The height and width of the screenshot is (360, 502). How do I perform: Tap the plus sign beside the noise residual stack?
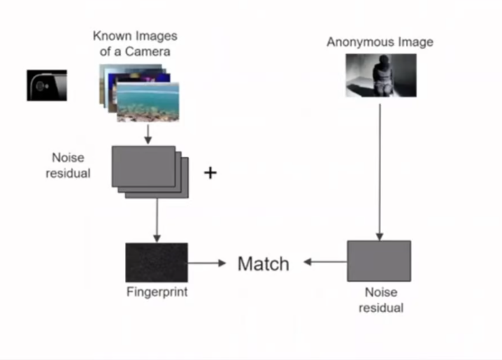coord(210,172)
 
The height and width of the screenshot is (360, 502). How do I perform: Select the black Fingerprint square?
coord(156,262)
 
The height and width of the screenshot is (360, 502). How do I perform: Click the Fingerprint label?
coord(157,292)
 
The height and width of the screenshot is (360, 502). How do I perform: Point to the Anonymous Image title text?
coord(380,42)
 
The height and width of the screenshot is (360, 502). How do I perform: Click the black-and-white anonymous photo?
coord(380,75)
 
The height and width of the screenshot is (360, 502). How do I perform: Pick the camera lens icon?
coord(46,85)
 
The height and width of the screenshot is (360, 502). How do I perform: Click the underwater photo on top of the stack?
coord(147,102)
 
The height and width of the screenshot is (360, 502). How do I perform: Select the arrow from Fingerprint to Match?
coord(208,263)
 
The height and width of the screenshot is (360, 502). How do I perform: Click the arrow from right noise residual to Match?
coord(325,262)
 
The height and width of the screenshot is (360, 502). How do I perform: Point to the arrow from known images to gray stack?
coord(147,133)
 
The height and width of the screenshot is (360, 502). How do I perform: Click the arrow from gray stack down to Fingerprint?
coord(156,220)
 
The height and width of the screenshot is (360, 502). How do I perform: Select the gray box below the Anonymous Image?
coord(378,261)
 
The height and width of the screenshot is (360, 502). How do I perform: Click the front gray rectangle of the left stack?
coord(143,166)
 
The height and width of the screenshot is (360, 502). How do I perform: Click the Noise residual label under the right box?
coord(380,300)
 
